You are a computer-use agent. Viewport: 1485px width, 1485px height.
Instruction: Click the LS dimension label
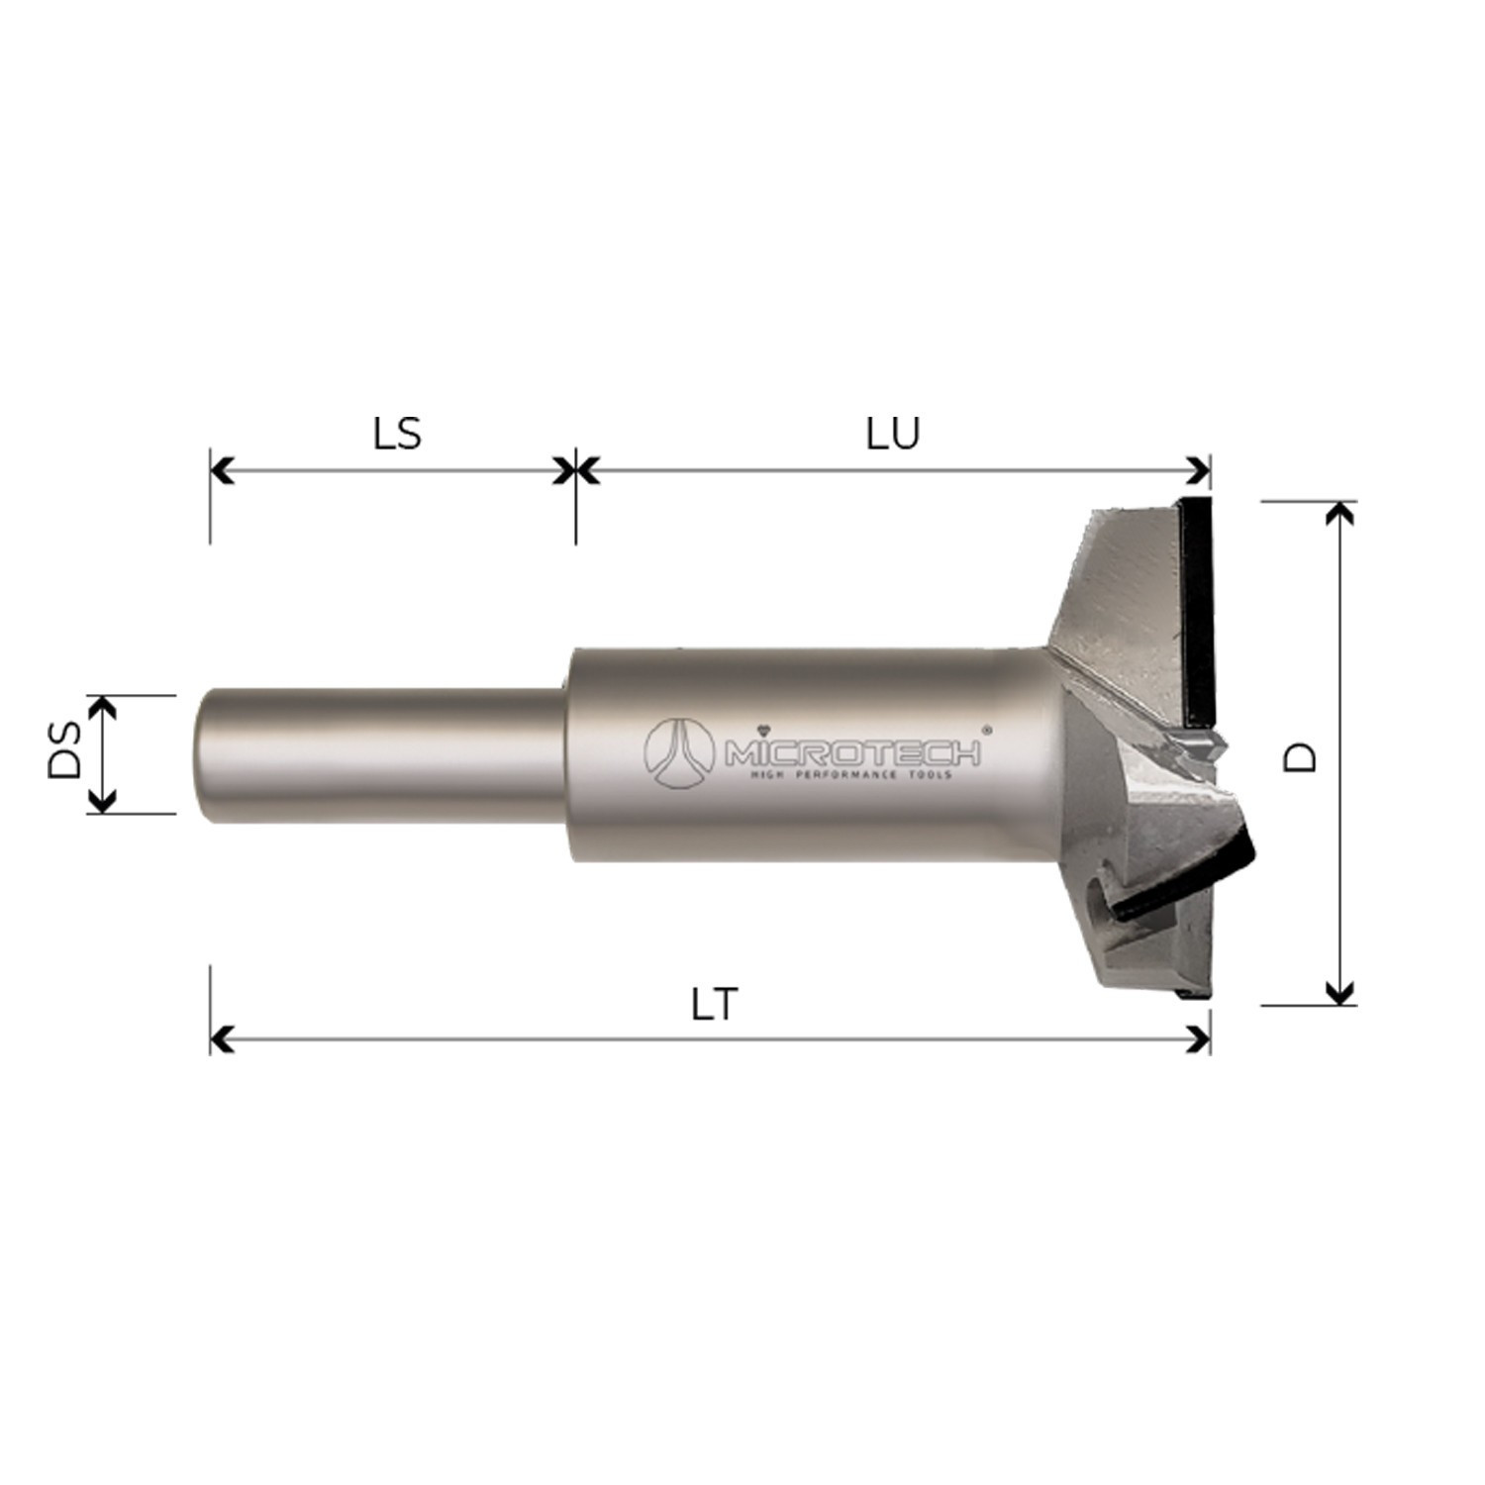point(397,434)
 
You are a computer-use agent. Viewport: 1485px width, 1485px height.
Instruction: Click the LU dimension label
point(893,434)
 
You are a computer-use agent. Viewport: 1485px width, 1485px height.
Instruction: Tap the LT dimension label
point(714,1006)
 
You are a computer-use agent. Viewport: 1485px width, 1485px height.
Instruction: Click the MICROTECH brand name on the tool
point(853,753)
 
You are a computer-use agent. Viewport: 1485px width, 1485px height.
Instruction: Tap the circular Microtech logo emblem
point(679,748)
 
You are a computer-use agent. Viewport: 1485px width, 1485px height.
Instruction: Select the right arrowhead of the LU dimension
point(1200,470)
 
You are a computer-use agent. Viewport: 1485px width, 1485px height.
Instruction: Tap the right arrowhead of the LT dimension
point(1200,1039)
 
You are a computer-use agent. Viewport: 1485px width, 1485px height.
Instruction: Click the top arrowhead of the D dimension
point(1339,514)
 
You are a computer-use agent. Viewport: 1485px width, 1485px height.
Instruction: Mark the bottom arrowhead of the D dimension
point(1339,992)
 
